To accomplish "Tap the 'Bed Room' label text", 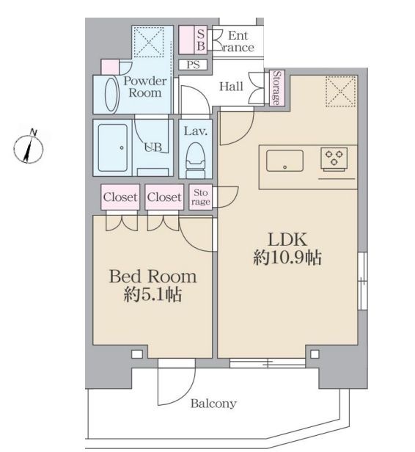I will point(153,277).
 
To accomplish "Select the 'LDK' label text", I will point(288,240).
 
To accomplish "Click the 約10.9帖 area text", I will point(288,259).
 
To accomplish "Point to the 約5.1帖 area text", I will point(153,296).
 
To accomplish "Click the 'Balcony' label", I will point(213,404).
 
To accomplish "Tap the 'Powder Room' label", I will point(144,87).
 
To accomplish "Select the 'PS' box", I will point(194,65).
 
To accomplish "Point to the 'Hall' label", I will point(231,87).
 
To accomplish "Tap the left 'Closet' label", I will point(120,197).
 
